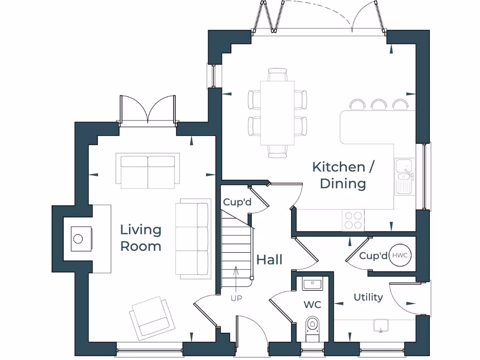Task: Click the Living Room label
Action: point(141,238)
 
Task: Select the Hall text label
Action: point(269,260)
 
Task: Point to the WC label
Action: point(312,305)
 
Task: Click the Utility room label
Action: point(368,297)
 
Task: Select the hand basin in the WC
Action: point(312,284)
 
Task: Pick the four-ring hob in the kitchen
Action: point(354,220)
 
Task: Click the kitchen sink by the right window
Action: point(403,176)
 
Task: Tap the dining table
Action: point(277,113)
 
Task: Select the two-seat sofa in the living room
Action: point(148,171)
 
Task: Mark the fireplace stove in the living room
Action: point(78,239)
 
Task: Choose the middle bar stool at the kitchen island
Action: point(378,105)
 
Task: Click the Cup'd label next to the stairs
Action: point(237,202)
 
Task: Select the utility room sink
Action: point(382,325)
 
